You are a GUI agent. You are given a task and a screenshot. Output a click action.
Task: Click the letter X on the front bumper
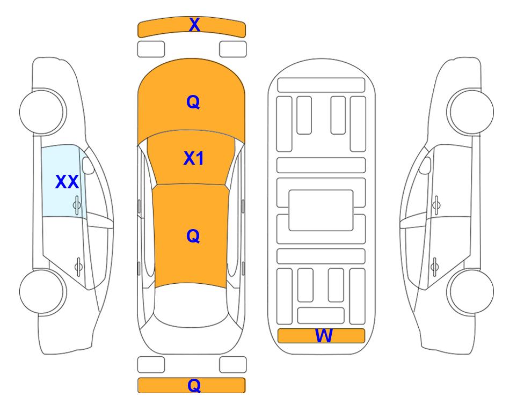click(x=194, y=25)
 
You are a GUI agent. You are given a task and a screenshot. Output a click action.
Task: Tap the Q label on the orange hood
click(x=193, y=102)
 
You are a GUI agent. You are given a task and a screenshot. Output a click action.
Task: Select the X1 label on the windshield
click(x=194, y=158)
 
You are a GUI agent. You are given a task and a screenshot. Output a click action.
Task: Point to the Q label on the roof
click(x=193, y=236)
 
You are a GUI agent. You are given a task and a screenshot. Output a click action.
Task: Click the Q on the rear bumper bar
click(x=194, y=385)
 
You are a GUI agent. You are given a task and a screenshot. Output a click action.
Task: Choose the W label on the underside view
click(x=324, y=336)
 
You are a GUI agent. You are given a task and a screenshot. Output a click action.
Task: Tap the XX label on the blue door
click(x=67, y=182)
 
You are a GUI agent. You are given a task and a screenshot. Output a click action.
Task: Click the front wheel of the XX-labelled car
click(x=42, y=112)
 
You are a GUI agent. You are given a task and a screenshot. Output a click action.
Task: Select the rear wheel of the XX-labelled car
click(x=42, y=291)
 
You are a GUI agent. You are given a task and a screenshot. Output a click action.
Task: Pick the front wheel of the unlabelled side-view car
click(x=471, y=112)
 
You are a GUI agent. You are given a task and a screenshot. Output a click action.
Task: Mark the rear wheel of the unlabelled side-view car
click(x=471, y=291)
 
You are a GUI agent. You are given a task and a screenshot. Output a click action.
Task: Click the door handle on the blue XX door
click(x=77, y=205)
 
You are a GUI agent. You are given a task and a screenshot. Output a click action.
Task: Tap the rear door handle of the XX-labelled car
click(x=78, y=266)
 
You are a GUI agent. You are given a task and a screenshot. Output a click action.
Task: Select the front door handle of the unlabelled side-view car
click(x=436, y=205)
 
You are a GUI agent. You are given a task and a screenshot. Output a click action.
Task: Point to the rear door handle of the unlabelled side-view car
click(x=434, y=267)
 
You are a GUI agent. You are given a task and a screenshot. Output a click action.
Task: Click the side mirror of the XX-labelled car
click(x=88, y=165)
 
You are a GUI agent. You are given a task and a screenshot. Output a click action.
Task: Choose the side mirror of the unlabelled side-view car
click(x=425, y=165)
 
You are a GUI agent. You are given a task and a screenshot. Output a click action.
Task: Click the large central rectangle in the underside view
click(x=321, y=210)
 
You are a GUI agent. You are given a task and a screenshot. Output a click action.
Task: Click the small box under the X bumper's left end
click(x=151, y=49)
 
